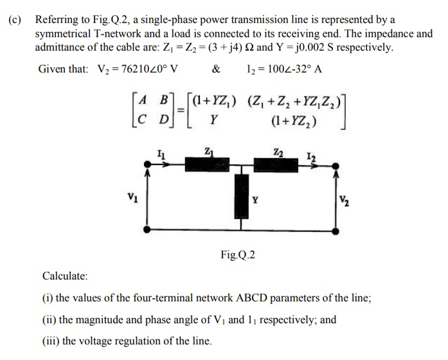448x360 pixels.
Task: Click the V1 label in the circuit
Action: click(x=131, y=197)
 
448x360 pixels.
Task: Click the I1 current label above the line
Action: click(x=160, y=153)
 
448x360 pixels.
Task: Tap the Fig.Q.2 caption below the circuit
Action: click(x=238, y=255)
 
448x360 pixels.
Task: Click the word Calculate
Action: click(x=65, y=276)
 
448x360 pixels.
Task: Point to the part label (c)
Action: click(x=14, y=19)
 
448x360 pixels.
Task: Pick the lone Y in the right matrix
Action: click(x=213, y=121)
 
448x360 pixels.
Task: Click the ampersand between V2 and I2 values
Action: click(x=216, y=69)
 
